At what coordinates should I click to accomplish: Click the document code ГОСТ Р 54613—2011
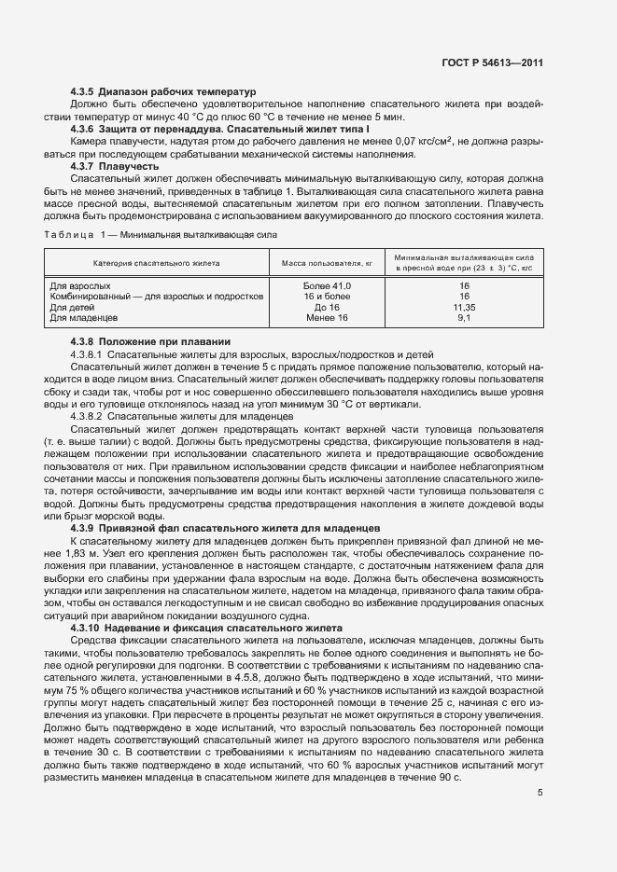click(493, 63)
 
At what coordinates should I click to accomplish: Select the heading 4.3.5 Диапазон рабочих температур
click(162, 92)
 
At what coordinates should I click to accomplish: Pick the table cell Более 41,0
click(328, 285)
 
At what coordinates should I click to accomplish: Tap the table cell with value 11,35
click(464, 307)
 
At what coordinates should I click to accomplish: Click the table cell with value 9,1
click(464, 318)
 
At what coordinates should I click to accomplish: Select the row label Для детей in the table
click(72, 307)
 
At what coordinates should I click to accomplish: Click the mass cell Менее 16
click(328, 318)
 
